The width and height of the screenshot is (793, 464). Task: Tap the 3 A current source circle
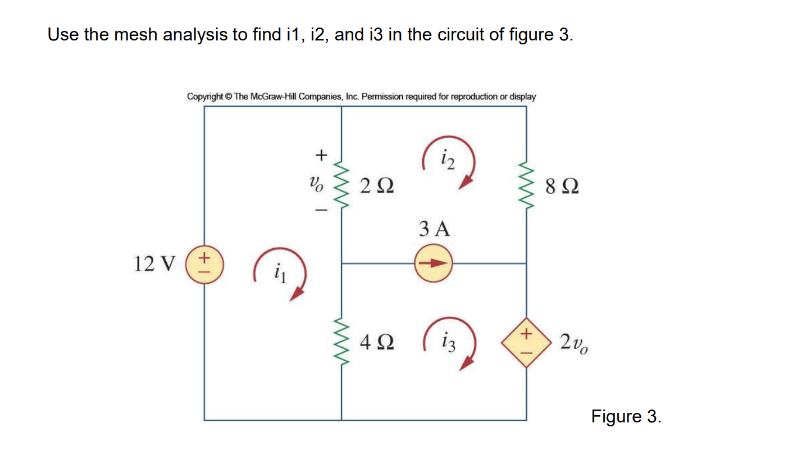click(433, 263)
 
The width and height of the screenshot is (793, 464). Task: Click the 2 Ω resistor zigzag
click(341, 185)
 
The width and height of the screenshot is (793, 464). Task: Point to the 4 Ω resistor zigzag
click(341, 341)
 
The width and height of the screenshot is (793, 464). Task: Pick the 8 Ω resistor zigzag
click(526, 185)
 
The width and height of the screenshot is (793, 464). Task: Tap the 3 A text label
click(434, 229)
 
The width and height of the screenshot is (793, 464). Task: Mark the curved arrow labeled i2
click(449, 162)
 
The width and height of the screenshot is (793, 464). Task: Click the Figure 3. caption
click(626, 417)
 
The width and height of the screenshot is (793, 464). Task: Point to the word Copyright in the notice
click(204, 97)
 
